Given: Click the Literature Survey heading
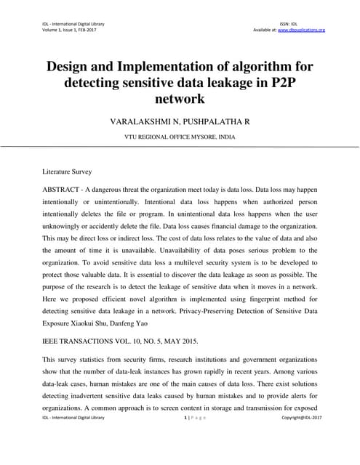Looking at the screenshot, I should point(68,172).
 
